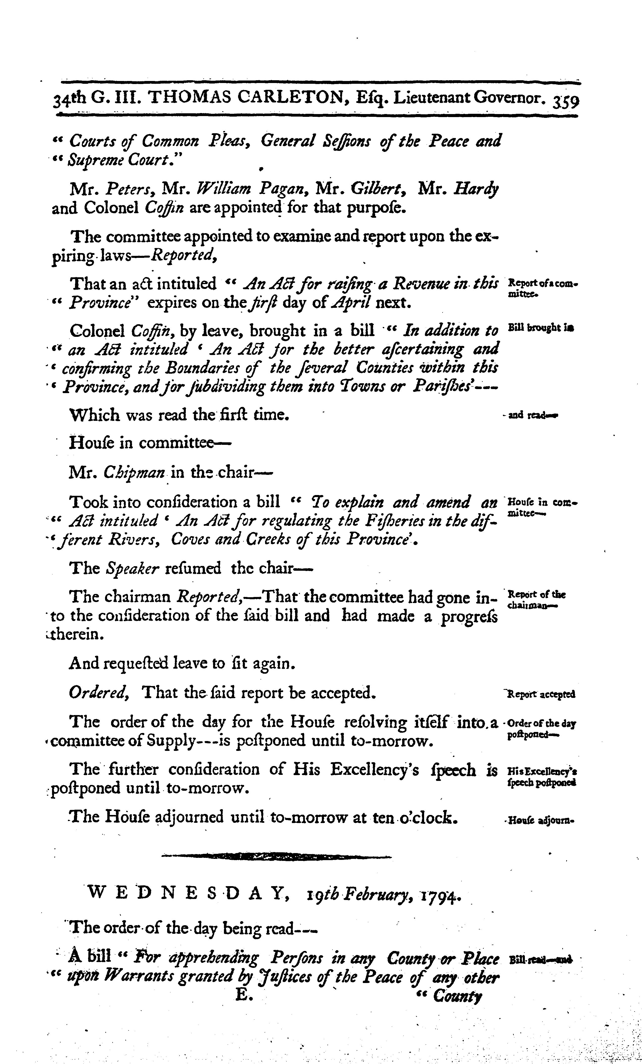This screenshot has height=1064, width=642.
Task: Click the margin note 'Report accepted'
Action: point(542,694)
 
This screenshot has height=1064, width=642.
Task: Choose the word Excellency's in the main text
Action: point(375,770)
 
